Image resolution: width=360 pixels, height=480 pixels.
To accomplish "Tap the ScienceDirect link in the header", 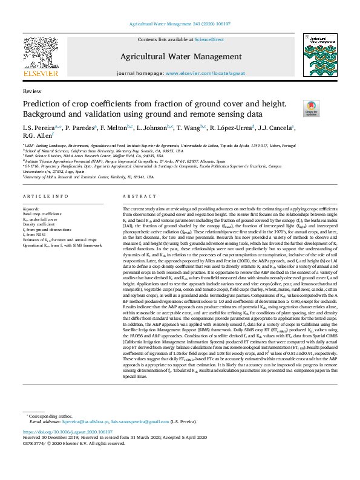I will [209, 39].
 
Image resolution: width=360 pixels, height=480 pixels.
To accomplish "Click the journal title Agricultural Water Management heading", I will [180, 57].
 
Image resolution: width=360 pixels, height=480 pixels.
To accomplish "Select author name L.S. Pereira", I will [38, 128].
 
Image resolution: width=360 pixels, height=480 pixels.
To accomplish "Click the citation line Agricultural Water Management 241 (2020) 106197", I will [180, 24].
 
